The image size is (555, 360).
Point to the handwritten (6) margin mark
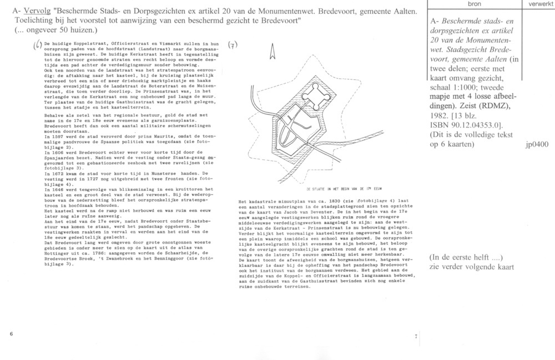(37, 45)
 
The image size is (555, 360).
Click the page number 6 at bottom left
(11, 334)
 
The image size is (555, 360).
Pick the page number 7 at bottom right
(416, 337)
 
